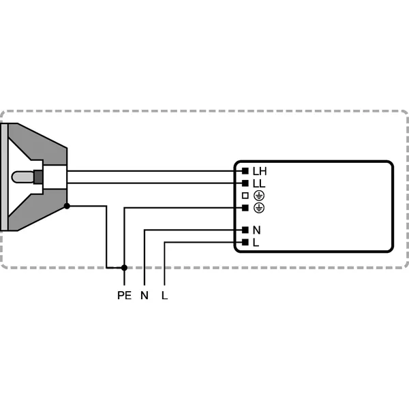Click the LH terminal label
260,171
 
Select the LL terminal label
259,183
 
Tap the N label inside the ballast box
257,230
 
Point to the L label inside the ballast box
256,242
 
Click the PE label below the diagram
123,295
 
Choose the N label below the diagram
144,295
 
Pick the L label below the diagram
165,295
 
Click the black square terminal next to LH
244,171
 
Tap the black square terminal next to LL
244,183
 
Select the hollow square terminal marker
244,196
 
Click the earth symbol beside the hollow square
258,196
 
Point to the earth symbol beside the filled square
258,207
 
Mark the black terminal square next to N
244,230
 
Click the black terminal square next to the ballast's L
244,242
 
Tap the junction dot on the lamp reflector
67,205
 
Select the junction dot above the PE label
123,268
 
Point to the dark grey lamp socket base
39,177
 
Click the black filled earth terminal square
244,207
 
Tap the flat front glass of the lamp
3,177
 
